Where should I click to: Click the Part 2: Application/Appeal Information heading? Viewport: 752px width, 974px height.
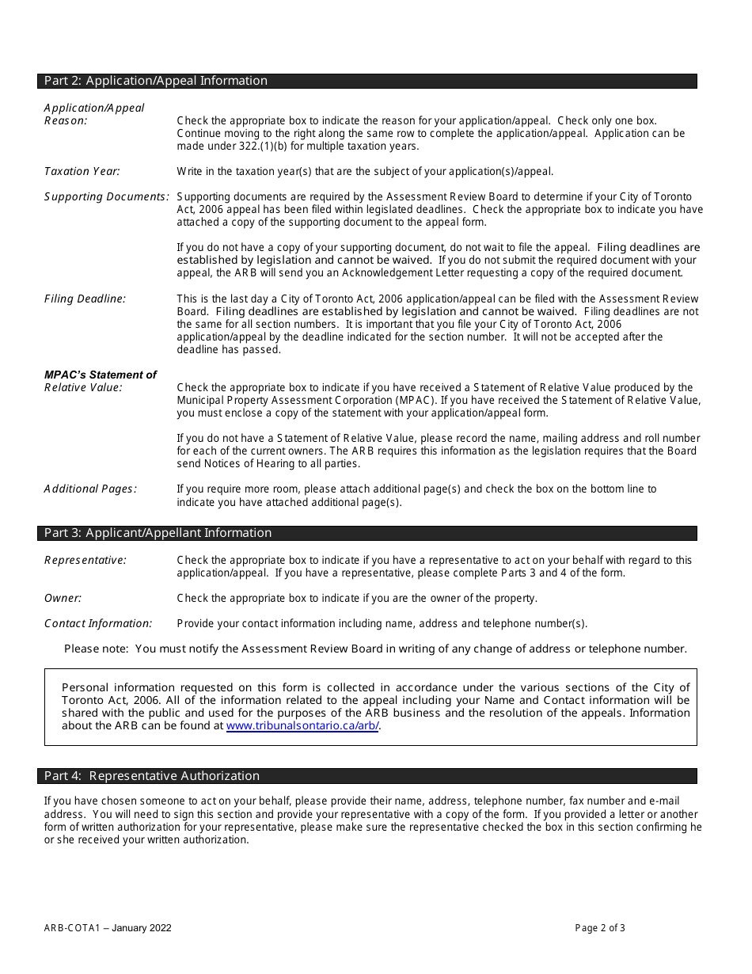click(156, 81)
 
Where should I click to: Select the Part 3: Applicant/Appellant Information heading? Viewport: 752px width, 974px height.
click(158, 533)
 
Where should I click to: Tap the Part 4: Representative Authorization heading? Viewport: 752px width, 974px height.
click(151, 776)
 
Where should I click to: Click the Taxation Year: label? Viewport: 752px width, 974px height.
click(82, 171)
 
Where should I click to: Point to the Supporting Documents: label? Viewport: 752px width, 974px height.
click(106, 196)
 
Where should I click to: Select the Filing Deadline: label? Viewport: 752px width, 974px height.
click(85, 299)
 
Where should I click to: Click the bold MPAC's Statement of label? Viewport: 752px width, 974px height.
click(100, 375)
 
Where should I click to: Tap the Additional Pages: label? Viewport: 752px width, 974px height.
click(90, 489)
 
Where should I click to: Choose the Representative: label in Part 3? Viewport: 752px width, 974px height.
click(85, 560)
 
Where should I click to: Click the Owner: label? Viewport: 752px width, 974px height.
click(63, 598)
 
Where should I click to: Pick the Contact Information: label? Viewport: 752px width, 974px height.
click(98, 623)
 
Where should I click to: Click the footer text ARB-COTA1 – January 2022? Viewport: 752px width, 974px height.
click(108, 928)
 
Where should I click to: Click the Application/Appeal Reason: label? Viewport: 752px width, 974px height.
click(93, 114)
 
